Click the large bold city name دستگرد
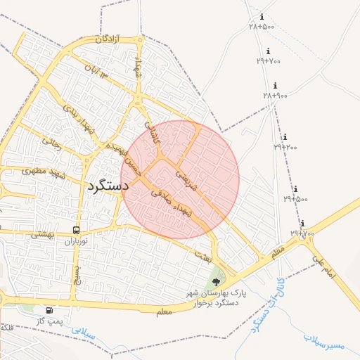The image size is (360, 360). point(108,186)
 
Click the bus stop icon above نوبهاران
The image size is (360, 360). point(76,230)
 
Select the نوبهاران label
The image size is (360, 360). point(79,241)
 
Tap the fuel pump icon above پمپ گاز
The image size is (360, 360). point(49,310)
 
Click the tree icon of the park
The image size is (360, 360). point(216,283)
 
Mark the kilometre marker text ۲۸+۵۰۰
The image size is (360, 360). point(261,26)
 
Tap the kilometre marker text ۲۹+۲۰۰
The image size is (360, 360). point(285,147)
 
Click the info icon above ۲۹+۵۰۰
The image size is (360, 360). point(295,189)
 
